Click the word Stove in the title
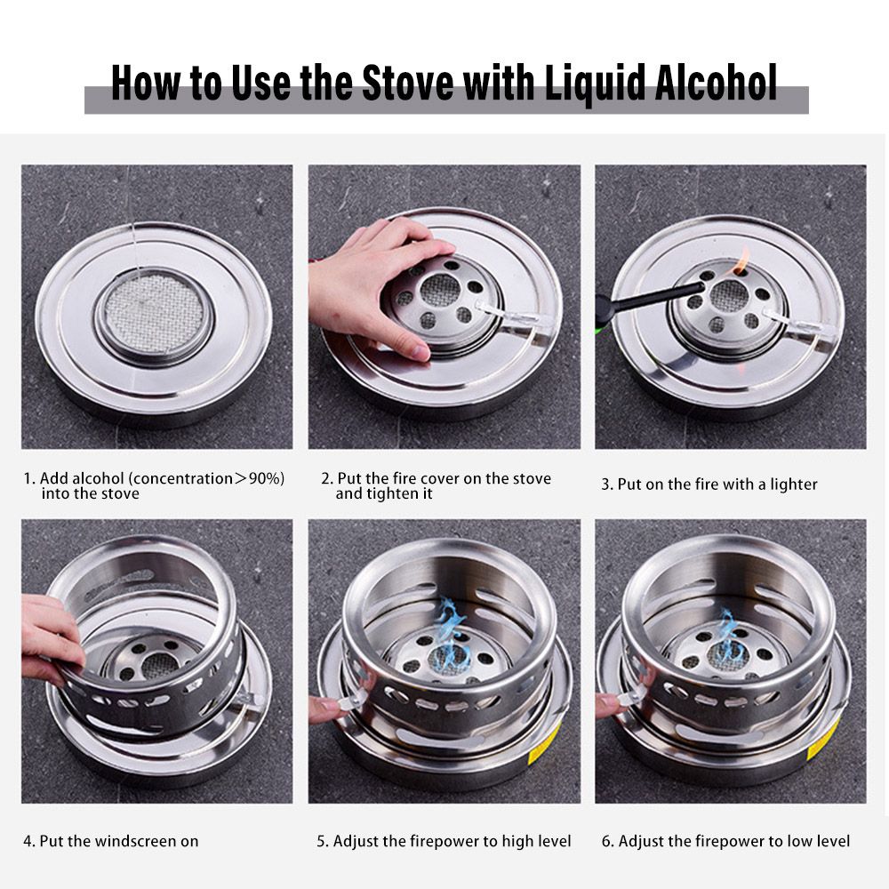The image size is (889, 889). point(407,83)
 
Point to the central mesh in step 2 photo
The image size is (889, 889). point(441,290)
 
